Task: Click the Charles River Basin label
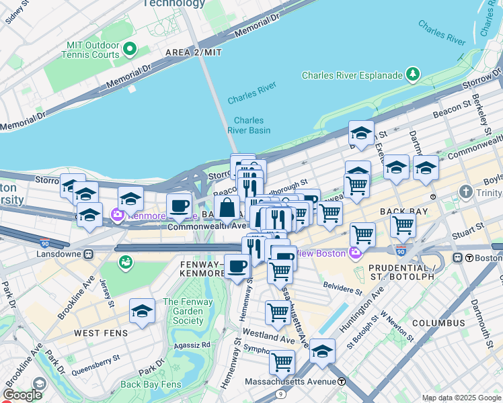point(249,125)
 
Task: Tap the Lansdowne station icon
point(88,255)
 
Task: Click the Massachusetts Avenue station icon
point(342,382)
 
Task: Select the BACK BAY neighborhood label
point(403,211)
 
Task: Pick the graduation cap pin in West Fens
point(142,311)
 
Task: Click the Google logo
point(22,396)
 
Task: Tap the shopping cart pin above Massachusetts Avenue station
point(282,362)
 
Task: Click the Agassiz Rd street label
point(196,345)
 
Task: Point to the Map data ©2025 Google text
point(461,398)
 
